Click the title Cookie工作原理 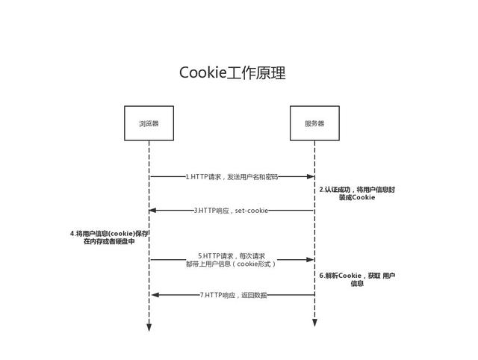click(x=232, y=73)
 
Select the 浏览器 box click(x=149, y=123)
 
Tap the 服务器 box click(x=314, y=123)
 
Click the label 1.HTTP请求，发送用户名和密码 click(x=232, y=177)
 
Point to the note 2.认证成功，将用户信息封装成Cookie click(x=357, y=193)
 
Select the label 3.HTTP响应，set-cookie click(x=231, y=211)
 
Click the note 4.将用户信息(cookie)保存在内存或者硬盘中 click(x=109, y=238)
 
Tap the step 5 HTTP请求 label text click(x=232, y=260)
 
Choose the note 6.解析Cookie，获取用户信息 click(x=357, y=279)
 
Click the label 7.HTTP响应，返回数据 click(x=233, y=295)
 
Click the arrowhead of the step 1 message click(x=311, y=177)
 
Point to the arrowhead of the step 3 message click(x=153, y=211)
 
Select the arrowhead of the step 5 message click(x=311, y=260)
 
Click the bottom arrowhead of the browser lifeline click(x=149, y=327)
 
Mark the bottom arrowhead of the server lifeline click(x=314, y=323)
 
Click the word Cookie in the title click(x=202, y=73)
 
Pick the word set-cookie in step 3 click(x=252, y=211)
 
